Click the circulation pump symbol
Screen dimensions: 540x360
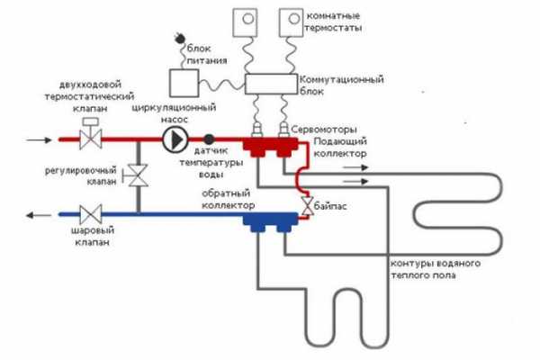(x=175, y=139)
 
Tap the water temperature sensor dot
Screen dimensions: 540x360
(x=209, y=139)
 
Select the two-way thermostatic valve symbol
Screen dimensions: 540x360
(x=91, y=134)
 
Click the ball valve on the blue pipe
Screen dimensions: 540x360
(x=91, y=214)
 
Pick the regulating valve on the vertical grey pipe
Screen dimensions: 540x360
(x=137, y=175)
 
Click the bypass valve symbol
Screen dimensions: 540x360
(x=307, y=206)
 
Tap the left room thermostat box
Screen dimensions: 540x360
(x=245, y=22)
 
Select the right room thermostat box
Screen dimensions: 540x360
(x=291, y=22)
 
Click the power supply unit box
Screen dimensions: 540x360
(x=184, y=83)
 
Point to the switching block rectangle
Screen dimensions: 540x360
(x=271, y=84)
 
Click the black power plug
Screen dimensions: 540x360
(x=179, y=38)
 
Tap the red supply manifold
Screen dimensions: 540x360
(x=270, y=147)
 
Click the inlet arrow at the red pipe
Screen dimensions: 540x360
(x=40, y=139)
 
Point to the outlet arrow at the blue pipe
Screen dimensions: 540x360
(x=40, y=215)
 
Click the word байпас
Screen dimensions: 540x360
(x=330, y=206)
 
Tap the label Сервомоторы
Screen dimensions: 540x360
(x=324, y=130)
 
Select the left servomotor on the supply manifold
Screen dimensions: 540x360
(x=256, y=130)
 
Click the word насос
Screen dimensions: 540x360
(x=175, y=120)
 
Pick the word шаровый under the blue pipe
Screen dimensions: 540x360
(x=93, y=230)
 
